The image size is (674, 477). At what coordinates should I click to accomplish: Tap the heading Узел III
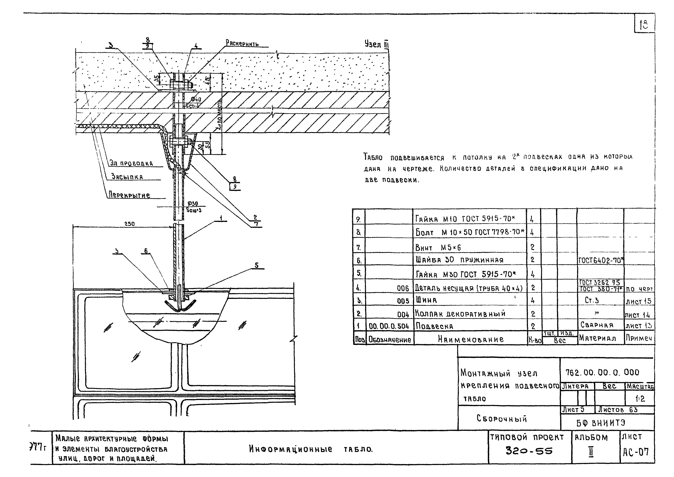coord(377,44)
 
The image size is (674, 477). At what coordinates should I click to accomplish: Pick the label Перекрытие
coord(129,195)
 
